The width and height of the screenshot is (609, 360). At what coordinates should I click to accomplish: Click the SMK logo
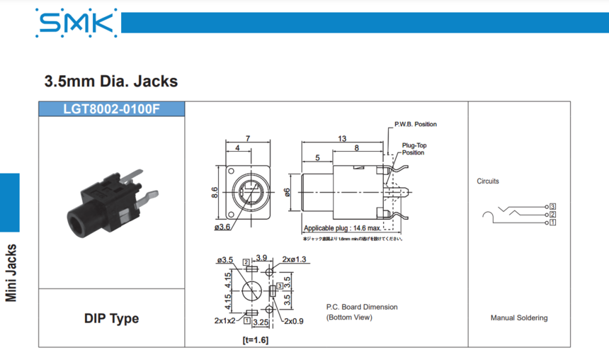[76, 23]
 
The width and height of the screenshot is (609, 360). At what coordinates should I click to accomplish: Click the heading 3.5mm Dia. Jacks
[111, 81]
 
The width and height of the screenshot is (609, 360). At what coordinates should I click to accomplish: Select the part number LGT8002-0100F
[112, 109]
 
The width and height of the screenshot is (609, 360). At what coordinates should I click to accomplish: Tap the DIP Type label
[111, 318]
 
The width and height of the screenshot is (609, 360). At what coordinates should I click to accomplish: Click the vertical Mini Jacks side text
[11, 273]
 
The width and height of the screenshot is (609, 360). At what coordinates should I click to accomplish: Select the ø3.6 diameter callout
[222, 227]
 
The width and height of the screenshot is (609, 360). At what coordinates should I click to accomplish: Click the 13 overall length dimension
[343, 139]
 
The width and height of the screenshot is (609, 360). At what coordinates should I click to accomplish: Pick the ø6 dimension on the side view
[288, 193]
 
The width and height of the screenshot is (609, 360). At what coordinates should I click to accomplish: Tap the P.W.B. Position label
[416, 124]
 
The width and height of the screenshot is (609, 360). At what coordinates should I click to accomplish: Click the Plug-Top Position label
[414, 149]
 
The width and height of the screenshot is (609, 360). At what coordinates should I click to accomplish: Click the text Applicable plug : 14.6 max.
[342, 228]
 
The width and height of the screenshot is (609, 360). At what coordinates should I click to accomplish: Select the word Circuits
[488, 181]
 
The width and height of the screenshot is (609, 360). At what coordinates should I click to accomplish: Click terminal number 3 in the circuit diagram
[552, 206]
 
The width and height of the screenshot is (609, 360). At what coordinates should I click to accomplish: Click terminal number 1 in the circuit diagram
[552, 223]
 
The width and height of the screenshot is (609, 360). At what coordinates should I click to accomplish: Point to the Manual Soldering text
[519, 317]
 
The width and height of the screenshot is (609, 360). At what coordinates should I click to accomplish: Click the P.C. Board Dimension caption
[362, 307]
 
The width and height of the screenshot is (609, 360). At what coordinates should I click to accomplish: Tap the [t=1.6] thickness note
[255, 340]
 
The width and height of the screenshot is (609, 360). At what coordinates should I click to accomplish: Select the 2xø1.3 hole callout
[294, 259]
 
